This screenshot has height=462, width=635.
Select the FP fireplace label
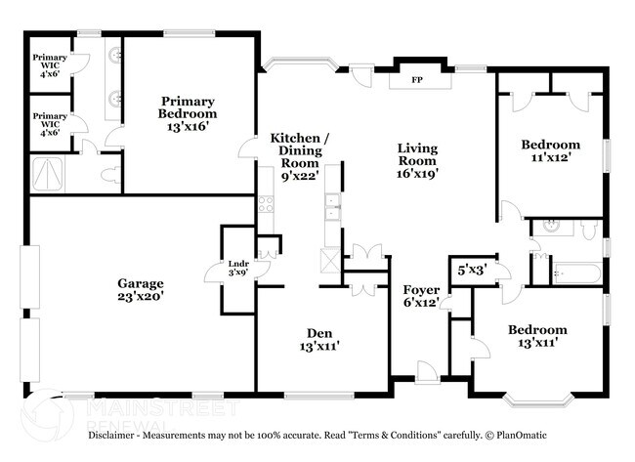coord(416,79)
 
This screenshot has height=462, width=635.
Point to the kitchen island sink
coord(332,205)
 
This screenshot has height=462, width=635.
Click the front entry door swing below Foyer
coord(425,369)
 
